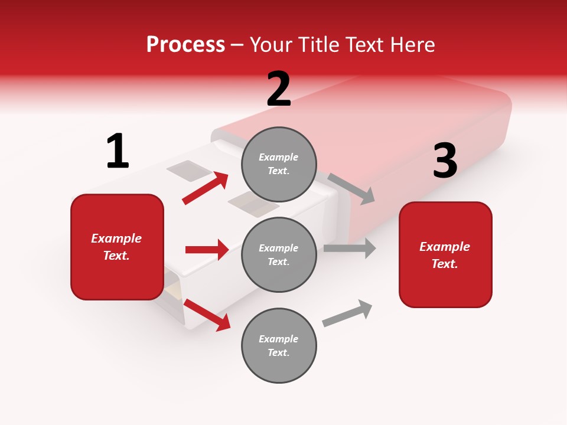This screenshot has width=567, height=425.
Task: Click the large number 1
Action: tap(118, 151)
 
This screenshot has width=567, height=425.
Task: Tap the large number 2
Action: tap(279, 89)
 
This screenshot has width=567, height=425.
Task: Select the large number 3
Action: tap(445, 161)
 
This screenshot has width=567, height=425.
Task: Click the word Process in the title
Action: tap(185, 44)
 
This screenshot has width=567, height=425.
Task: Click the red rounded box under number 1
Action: tap(117, 247)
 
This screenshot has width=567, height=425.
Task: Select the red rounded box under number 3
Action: tap(445, 254)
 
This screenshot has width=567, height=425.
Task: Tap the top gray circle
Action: tap(279, 164)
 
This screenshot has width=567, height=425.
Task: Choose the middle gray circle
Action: tap(279, 254)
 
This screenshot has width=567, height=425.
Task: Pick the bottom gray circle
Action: tap(279, 345)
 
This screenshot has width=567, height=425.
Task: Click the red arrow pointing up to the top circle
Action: tap(206, 188)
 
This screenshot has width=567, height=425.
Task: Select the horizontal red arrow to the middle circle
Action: tap(207, 250)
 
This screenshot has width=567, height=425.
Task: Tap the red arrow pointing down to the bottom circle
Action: tap(207, 315)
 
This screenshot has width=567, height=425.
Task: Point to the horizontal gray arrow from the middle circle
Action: tap(350, 248)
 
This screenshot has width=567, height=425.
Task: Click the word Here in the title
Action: tap(410, 44)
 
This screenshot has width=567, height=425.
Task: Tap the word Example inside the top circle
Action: tap(279, 157)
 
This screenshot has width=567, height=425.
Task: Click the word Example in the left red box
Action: tap(116, 238)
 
